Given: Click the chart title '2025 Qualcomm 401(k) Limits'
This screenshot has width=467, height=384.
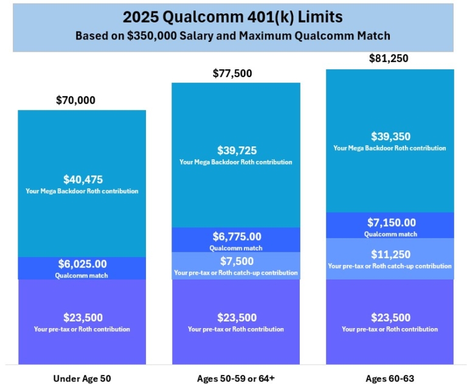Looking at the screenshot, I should click(233, 17).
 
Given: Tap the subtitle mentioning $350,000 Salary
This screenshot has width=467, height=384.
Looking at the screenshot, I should click(233, 36).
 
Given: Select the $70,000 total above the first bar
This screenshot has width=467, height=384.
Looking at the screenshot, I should click(75, 100).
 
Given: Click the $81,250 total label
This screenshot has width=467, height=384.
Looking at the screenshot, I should click(389, 59).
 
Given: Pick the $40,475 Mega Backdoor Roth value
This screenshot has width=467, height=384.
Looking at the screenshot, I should click(83, 179).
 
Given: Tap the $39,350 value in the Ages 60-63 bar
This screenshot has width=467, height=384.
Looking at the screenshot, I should click(390, 136).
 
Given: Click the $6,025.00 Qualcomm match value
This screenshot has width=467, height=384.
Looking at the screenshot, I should click(83, 264).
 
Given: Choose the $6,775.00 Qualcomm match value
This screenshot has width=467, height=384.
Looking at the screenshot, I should click(237, 236).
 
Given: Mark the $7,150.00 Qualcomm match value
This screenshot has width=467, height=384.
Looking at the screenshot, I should click(390, 222).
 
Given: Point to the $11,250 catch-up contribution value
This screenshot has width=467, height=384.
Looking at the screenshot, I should click(390, 254).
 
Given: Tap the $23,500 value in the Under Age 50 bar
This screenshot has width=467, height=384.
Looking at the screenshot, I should click(83, 317).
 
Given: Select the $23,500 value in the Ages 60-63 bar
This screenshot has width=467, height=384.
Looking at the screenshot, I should click(390, 317).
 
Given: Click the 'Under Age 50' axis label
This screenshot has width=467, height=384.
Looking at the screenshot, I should click(82, 379).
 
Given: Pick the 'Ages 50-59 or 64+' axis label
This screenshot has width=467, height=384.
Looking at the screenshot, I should click(235, 379).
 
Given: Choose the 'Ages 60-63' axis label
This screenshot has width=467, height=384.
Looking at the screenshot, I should click(389, 379).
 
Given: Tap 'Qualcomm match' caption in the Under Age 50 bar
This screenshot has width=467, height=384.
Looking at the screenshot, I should click(83, 275).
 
